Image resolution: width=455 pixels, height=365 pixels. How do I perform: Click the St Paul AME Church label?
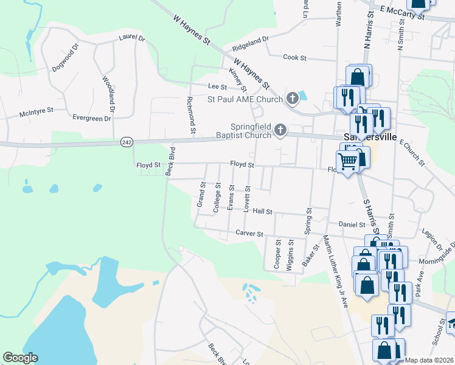[245, 99]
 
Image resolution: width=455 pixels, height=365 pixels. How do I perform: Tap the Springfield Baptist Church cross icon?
[280, 129]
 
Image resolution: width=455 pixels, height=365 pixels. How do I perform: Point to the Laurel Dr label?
[133, 38]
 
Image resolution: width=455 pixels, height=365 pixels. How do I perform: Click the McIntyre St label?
[36, 111]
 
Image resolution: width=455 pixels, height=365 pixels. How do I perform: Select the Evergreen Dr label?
[91, 118]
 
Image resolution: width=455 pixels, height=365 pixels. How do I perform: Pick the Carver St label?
[249, 233]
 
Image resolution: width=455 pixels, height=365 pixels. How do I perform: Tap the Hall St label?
[262, 210]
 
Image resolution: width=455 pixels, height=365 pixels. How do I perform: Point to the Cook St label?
[294, 57]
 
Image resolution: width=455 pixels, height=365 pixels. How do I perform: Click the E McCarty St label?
[402, 12]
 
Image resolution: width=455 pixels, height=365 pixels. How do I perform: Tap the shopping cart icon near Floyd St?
[347, 161]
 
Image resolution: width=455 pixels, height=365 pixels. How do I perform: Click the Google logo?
[20, 358]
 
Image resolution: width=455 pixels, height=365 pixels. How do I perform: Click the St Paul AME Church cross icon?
[292, 98]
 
